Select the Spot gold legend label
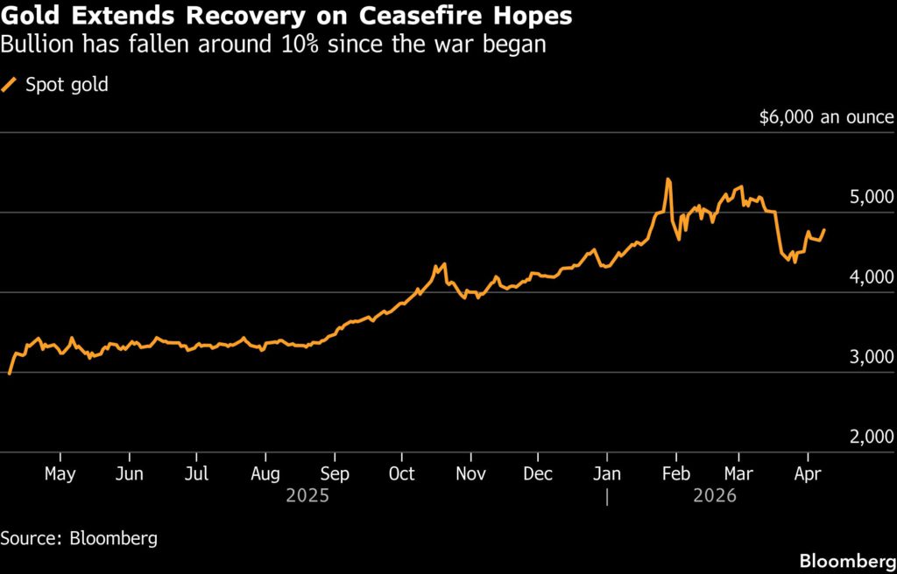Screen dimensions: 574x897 click(x=67, y=85)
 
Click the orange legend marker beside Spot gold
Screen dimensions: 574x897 click(x=11, y=85)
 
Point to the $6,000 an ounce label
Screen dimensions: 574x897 click(x=827, y=117)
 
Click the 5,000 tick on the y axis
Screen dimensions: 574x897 click(x=872, y=198)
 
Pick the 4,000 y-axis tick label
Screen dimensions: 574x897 click(x=872, y=277)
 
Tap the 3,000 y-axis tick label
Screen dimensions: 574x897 click(x=872, y=357)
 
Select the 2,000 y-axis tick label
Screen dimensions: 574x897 click(x=872, y=437)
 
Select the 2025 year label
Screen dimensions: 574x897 click(x=307, y=495)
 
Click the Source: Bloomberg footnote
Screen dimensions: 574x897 click(x=79, y=538)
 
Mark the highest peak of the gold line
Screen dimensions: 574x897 click(x=668, y=179)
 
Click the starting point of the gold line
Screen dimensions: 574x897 click(x=9, y=374)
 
